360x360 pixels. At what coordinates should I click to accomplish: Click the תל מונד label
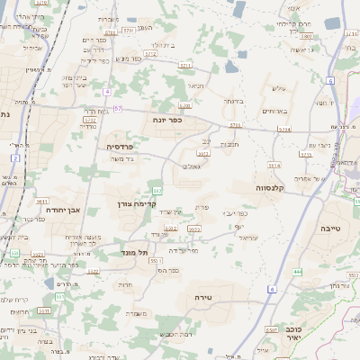[134, 254]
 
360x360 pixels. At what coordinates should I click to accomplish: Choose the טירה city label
[202, 296]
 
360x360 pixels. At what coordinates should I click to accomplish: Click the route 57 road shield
[118, 109]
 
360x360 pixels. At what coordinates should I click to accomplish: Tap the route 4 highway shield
[106, 93]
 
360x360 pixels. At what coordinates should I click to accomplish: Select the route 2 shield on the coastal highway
[16, 158]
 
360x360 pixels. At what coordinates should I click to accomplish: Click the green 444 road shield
[297, 270]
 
